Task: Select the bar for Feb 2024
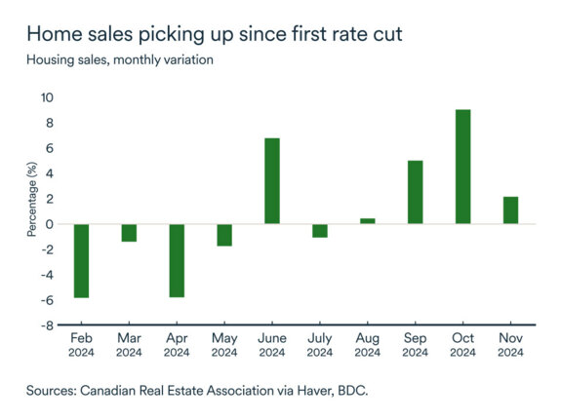coord(81,260)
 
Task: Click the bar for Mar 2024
coord(129,233)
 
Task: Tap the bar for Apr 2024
coord(177,260)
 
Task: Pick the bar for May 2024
coord(224,235)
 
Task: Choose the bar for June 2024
coord(272,181)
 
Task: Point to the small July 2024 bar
coord(320,231)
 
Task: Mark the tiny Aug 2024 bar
coord(368,221)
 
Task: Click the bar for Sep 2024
coord(415,192)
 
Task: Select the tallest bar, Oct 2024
coord(462,167)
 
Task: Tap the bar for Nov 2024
coord(510,210)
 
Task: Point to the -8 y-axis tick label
coord(47,326)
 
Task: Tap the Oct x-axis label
coord(462,339)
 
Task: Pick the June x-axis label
coord(272,339)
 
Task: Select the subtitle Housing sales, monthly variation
coord(120,59)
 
